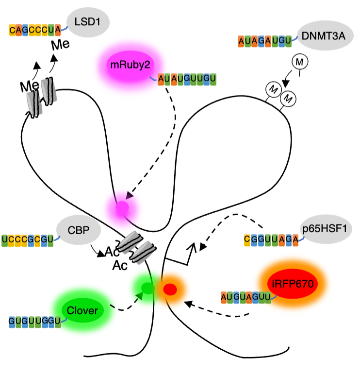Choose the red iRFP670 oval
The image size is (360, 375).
tap(292, 282)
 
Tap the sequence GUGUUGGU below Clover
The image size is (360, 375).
tap(34, 321)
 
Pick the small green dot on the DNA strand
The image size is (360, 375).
tap(147, 289)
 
